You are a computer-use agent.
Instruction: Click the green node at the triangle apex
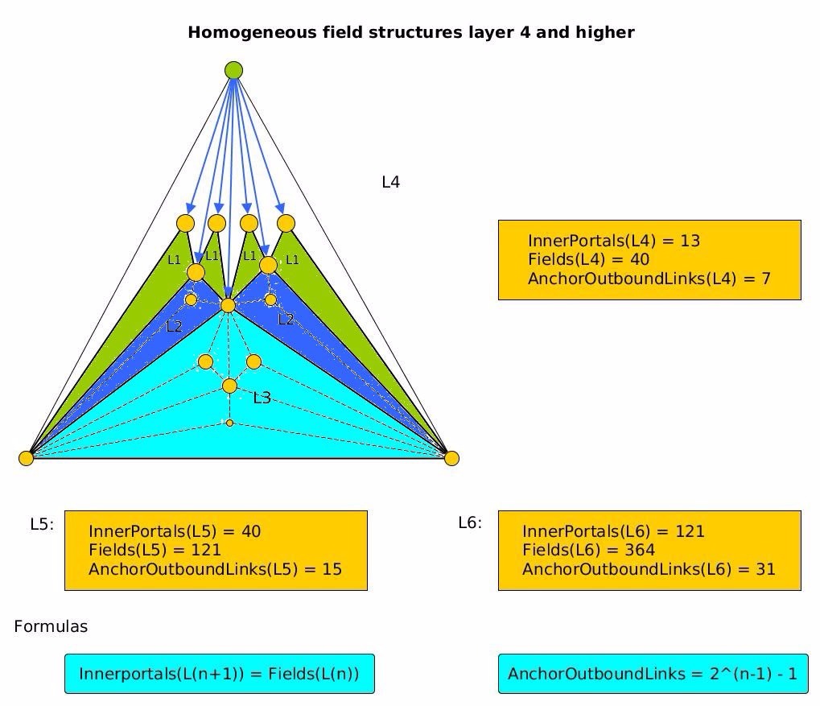[233, 70]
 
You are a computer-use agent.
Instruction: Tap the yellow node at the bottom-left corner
[27, 458]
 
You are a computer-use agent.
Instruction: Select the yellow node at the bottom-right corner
[451, 458]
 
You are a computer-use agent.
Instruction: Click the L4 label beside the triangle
[390, 183]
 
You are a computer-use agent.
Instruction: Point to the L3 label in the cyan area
[262, 398]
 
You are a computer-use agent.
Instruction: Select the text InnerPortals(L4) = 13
[614, 241]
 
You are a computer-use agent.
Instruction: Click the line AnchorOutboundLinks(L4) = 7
[649, 279]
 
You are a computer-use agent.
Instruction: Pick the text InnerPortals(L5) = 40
[175, 531]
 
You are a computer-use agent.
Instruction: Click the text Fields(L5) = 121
[155, 550]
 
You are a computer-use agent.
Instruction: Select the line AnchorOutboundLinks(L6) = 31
[649, 569]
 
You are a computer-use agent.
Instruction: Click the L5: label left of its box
[42, 524]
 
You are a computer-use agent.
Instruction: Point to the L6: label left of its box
[470, 523]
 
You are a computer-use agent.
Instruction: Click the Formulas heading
[51, 626]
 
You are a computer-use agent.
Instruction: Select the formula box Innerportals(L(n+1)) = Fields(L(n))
[219, 674]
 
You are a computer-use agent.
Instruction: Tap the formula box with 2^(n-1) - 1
[653, 674]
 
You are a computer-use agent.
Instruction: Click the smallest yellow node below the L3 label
[229, 423]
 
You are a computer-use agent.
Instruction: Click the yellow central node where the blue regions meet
[228, 305]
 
